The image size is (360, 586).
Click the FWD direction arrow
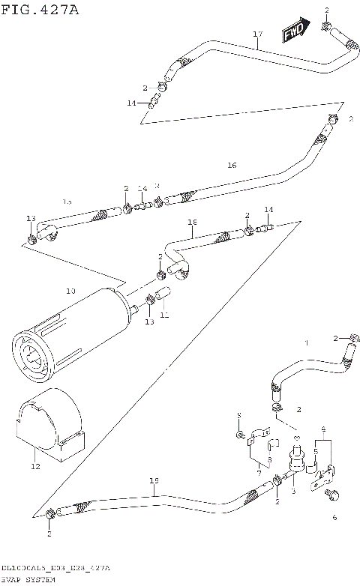(295, 31)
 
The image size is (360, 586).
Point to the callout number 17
(257, 34)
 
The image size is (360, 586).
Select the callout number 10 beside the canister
(70, 291)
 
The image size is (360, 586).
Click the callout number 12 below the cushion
(34, 465)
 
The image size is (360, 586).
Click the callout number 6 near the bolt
(334, 517)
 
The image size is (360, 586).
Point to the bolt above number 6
(333, 494)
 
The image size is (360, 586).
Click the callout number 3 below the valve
(293, 491)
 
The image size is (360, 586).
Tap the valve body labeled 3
(295, 465)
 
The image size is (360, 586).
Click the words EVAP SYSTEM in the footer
(29, 580)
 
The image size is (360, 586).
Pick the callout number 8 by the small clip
(268, 460)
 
